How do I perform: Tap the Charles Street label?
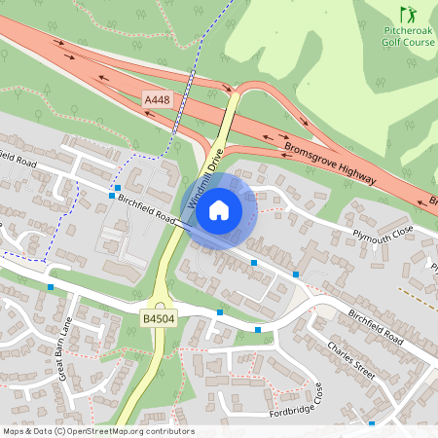[351, 359]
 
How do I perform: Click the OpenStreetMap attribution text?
[98, 431]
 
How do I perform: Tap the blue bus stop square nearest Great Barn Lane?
[50, 287]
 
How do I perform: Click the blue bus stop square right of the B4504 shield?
[220, 312]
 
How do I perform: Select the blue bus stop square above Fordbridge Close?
[257, 330]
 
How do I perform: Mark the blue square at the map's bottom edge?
[371, 424]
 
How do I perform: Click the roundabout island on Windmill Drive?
[161, 291]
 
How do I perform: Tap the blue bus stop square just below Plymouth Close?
[296, 274]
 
